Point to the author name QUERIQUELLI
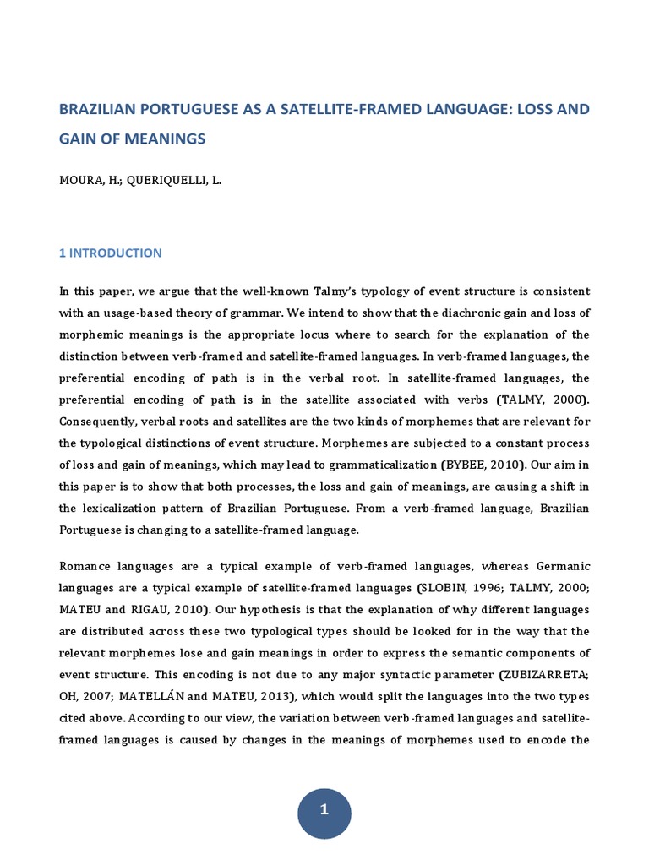pyautogui.click(x=168, y=181)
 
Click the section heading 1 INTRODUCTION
pyautogui.click(x=110, y=253)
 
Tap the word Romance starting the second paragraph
pyautogui.click(x=85, y=565)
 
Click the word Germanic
pyautogui.click(x=561, y=565)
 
